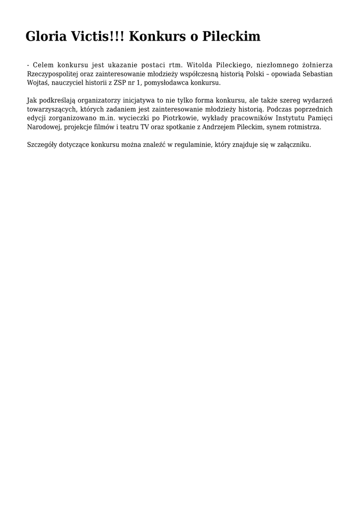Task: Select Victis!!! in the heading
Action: pos(99,36)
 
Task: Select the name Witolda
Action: pos(199,64)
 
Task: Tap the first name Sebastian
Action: pos(317,73)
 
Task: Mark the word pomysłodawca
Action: pos(170,82)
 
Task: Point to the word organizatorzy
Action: pos(91,100)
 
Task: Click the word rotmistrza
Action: pos(304,127)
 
